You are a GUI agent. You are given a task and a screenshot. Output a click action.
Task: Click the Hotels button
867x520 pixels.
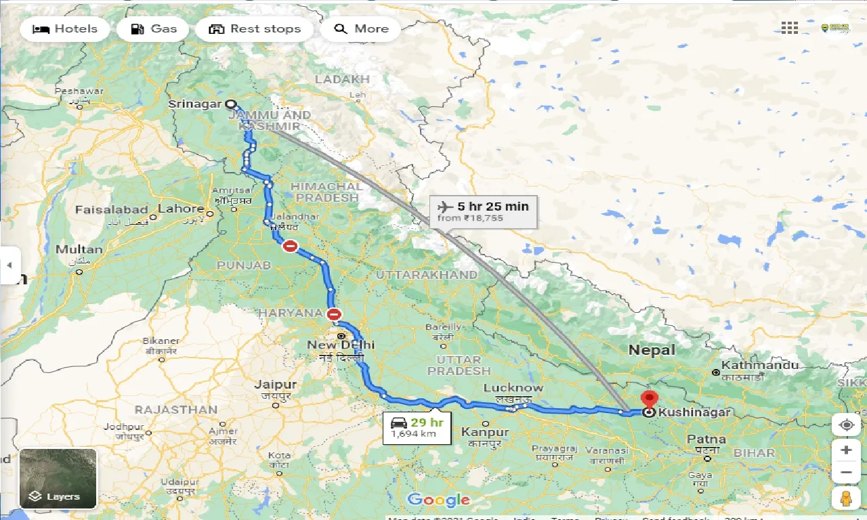(x=65, y=29)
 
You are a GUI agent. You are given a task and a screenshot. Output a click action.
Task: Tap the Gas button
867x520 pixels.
(x=153, y=29)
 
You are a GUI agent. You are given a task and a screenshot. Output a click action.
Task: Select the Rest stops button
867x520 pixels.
(x=255, y=29)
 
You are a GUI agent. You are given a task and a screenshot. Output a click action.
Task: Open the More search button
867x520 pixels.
(x=361, y=29)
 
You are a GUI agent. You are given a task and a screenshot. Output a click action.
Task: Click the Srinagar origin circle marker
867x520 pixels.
(x=230, y=104)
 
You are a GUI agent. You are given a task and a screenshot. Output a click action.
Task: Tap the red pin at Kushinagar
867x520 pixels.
(x=649, y=398)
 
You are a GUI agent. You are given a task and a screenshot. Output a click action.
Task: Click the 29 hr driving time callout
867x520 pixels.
(x=417, y=428)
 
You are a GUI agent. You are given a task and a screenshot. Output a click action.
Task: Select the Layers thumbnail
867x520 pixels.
(x=58, y=478)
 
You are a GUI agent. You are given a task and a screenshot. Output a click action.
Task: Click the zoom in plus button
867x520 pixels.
(x=846, y=450)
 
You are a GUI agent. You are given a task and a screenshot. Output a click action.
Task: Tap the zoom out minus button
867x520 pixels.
(x=846, y=473)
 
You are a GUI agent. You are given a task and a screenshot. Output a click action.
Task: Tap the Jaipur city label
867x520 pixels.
(x=276, y=385)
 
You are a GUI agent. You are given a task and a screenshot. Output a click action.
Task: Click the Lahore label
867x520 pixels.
(x=181, y=209)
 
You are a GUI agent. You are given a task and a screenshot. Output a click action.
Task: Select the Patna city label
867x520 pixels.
(x=706, y=439)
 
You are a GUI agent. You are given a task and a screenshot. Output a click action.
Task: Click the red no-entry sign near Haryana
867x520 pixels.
(x=334, y=314)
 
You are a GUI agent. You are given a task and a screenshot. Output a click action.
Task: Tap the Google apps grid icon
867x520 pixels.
(x=790, y=28)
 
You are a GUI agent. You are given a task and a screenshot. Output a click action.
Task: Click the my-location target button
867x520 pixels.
(x=846, y=425)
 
